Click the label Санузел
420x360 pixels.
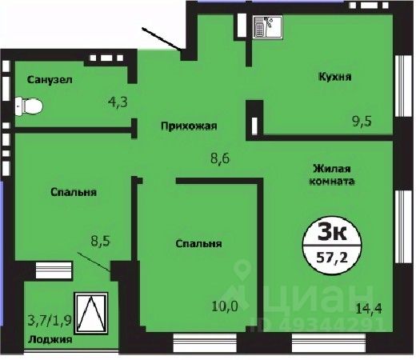(50, 80)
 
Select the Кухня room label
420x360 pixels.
(335, 77)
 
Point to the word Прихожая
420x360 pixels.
(190, 126)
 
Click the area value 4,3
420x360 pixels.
(119, 102)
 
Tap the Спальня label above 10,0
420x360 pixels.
(198, 244)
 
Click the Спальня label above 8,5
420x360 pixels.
(74, 192)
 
